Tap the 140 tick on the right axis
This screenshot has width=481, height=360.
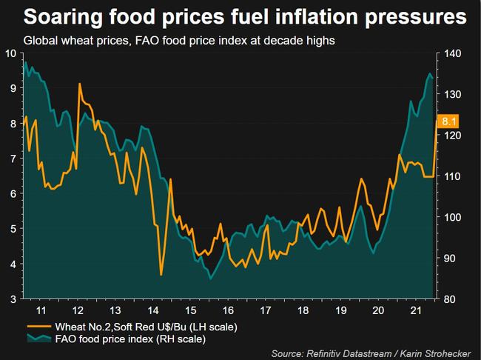(451, 53)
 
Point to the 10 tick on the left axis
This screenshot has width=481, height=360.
(11, 53)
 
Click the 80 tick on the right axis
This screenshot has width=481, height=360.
(448, 299)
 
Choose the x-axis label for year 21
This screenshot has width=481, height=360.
(416, 310)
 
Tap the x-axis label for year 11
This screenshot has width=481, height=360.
(44, 310)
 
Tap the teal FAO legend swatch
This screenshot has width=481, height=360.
(38, 339)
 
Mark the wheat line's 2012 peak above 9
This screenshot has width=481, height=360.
(79, 84)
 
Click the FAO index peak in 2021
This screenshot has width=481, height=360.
(429, 74)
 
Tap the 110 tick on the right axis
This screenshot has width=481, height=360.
(451, 176)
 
